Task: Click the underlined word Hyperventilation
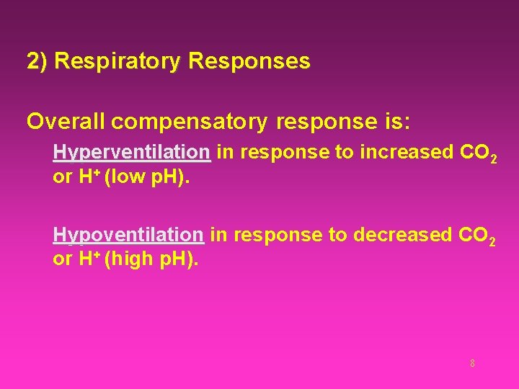pyautogui.click(x=131, y=152)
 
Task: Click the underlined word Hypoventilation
pyautogui.click(x=128, y=235)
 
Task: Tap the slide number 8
pyautogui.click(x=472, y=363)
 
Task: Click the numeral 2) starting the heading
pyautogui.click(x=37, y=61)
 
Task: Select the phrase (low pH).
pyautogui.click(x=148, y=177)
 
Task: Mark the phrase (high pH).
pyautogui.click(x=151, y=259)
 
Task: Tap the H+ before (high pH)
pyautogui.click(x=87, y=259)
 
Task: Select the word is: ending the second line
pyautogui.click(x=393, y=121)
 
